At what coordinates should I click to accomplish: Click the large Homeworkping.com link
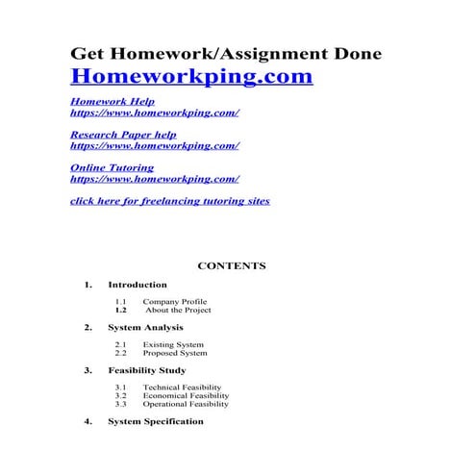(191, 76)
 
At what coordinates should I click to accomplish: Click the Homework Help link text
(113, 101)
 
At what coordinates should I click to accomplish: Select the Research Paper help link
(123, 135)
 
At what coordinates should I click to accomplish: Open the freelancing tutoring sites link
(170, 201)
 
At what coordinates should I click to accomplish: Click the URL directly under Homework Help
(155, 113)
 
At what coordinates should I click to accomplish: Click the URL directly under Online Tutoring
(155, 179)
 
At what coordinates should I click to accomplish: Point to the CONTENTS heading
(231, 265)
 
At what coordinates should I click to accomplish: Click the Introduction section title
(137, 285)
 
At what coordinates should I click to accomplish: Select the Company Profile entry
(174, 302)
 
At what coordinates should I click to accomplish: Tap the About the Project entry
(178, 311)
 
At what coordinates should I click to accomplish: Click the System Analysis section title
(145, 328)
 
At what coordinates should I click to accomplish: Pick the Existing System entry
(172, 344)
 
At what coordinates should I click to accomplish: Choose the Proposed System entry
(174, 353)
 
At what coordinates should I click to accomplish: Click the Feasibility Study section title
(146, 370)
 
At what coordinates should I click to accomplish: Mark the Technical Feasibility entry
(181, 387)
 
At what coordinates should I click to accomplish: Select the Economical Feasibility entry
(185, 395)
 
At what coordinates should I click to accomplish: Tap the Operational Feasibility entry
(185, 404)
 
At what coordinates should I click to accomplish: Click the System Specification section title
(155, 421)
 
